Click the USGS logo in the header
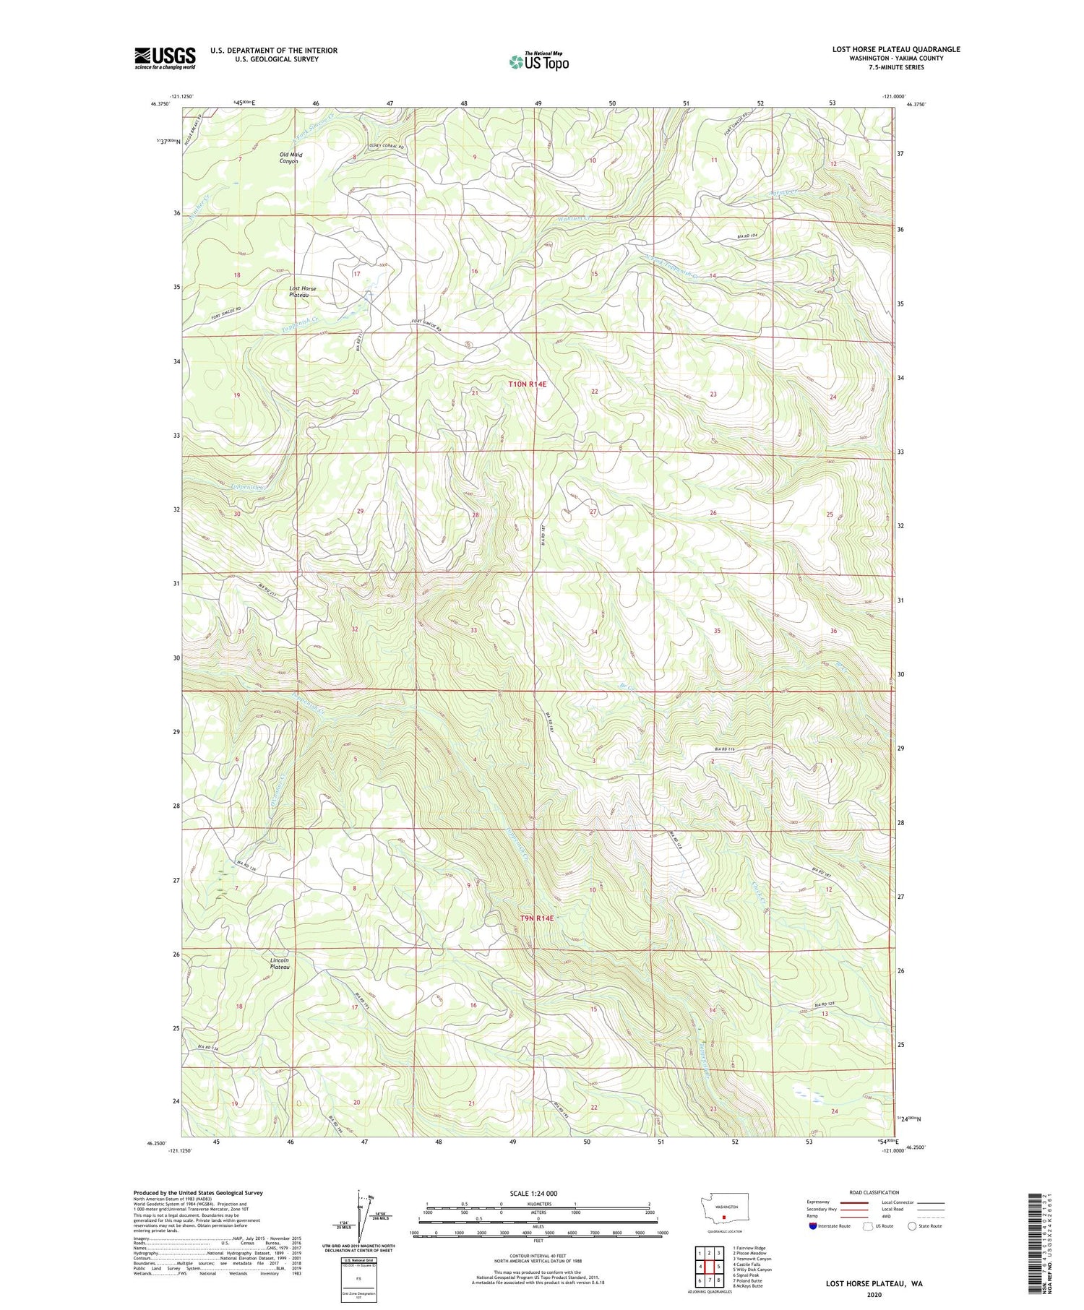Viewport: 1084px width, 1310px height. pos(165,58)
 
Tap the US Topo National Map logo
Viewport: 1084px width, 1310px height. pos(538,61)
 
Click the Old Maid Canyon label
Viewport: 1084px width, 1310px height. pos(288,158)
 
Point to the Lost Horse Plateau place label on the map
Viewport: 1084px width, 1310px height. pos(302,292)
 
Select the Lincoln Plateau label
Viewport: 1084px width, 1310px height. pos(279,963)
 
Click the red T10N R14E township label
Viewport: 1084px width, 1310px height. pos(527,385)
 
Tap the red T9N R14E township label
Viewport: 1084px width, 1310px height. pos(536,918)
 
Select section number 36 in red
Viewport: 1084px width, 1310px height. pos(833,631)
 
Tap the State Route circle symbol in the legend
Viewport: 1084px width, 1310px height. pos(912,1226)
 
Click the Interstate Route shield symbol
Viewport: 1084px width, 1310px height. pos(813,1226)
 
